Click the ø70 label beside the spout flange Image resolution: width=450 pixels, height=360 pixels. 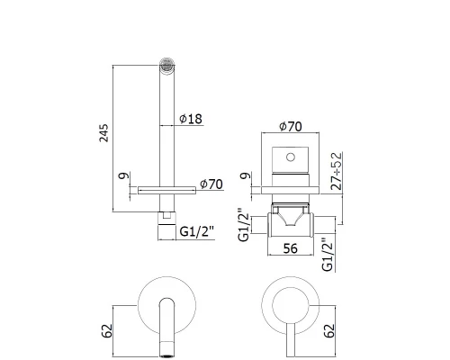coord(210,184)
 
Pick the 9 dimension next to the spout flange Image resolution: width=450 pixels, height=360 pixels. coord(122,178)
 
